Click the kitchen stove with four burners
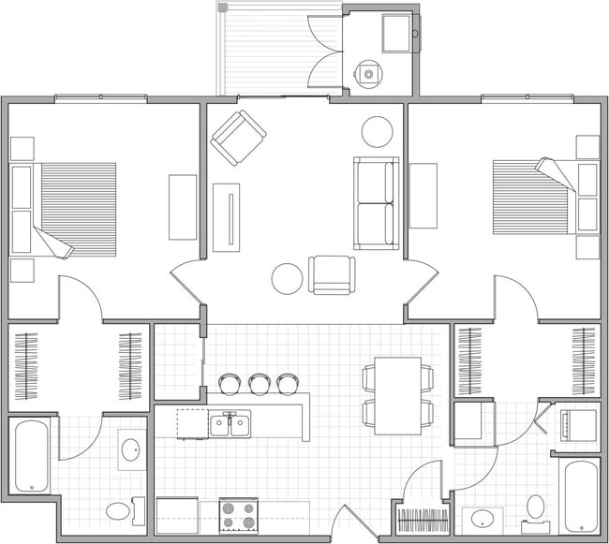(238, 515)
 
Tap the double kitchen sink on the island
(230, 425)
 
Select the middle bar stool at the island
(260, 383)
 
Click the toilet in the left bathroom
(119, 511)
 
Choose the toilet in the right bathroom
(536, 507)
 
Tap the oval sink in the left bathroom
(130, 450)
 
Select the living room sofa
(376, 203)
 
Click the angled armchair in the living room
(238, 138)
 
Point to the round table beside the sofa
(379, 130)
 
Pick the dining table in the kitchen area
(398, 395)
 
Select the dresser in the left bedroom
(181, 207)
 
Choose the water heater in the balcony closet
(369, 72)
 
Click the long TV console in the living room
(226, 217)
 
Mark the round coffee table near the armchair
(287, 277)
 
